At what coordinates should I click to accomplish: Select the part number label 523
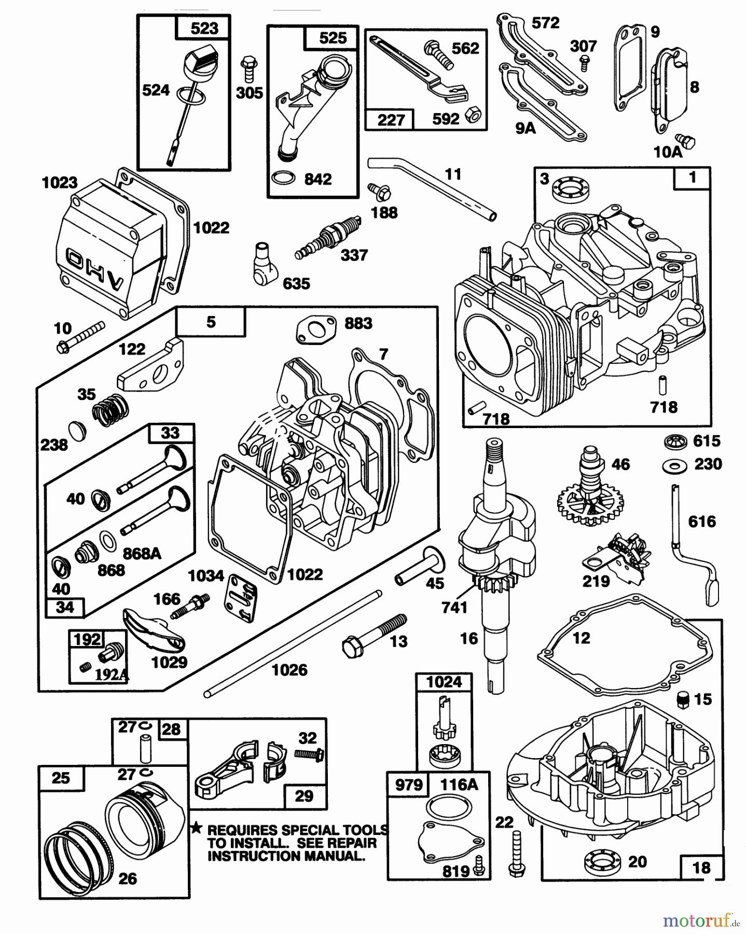point(204,28)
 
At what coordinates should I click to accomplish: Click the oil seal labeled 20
point(601,862)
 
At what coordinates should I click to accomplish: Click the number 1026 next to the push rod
point(289,670)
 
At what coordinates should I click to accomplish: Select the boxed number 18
point(701,868)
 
